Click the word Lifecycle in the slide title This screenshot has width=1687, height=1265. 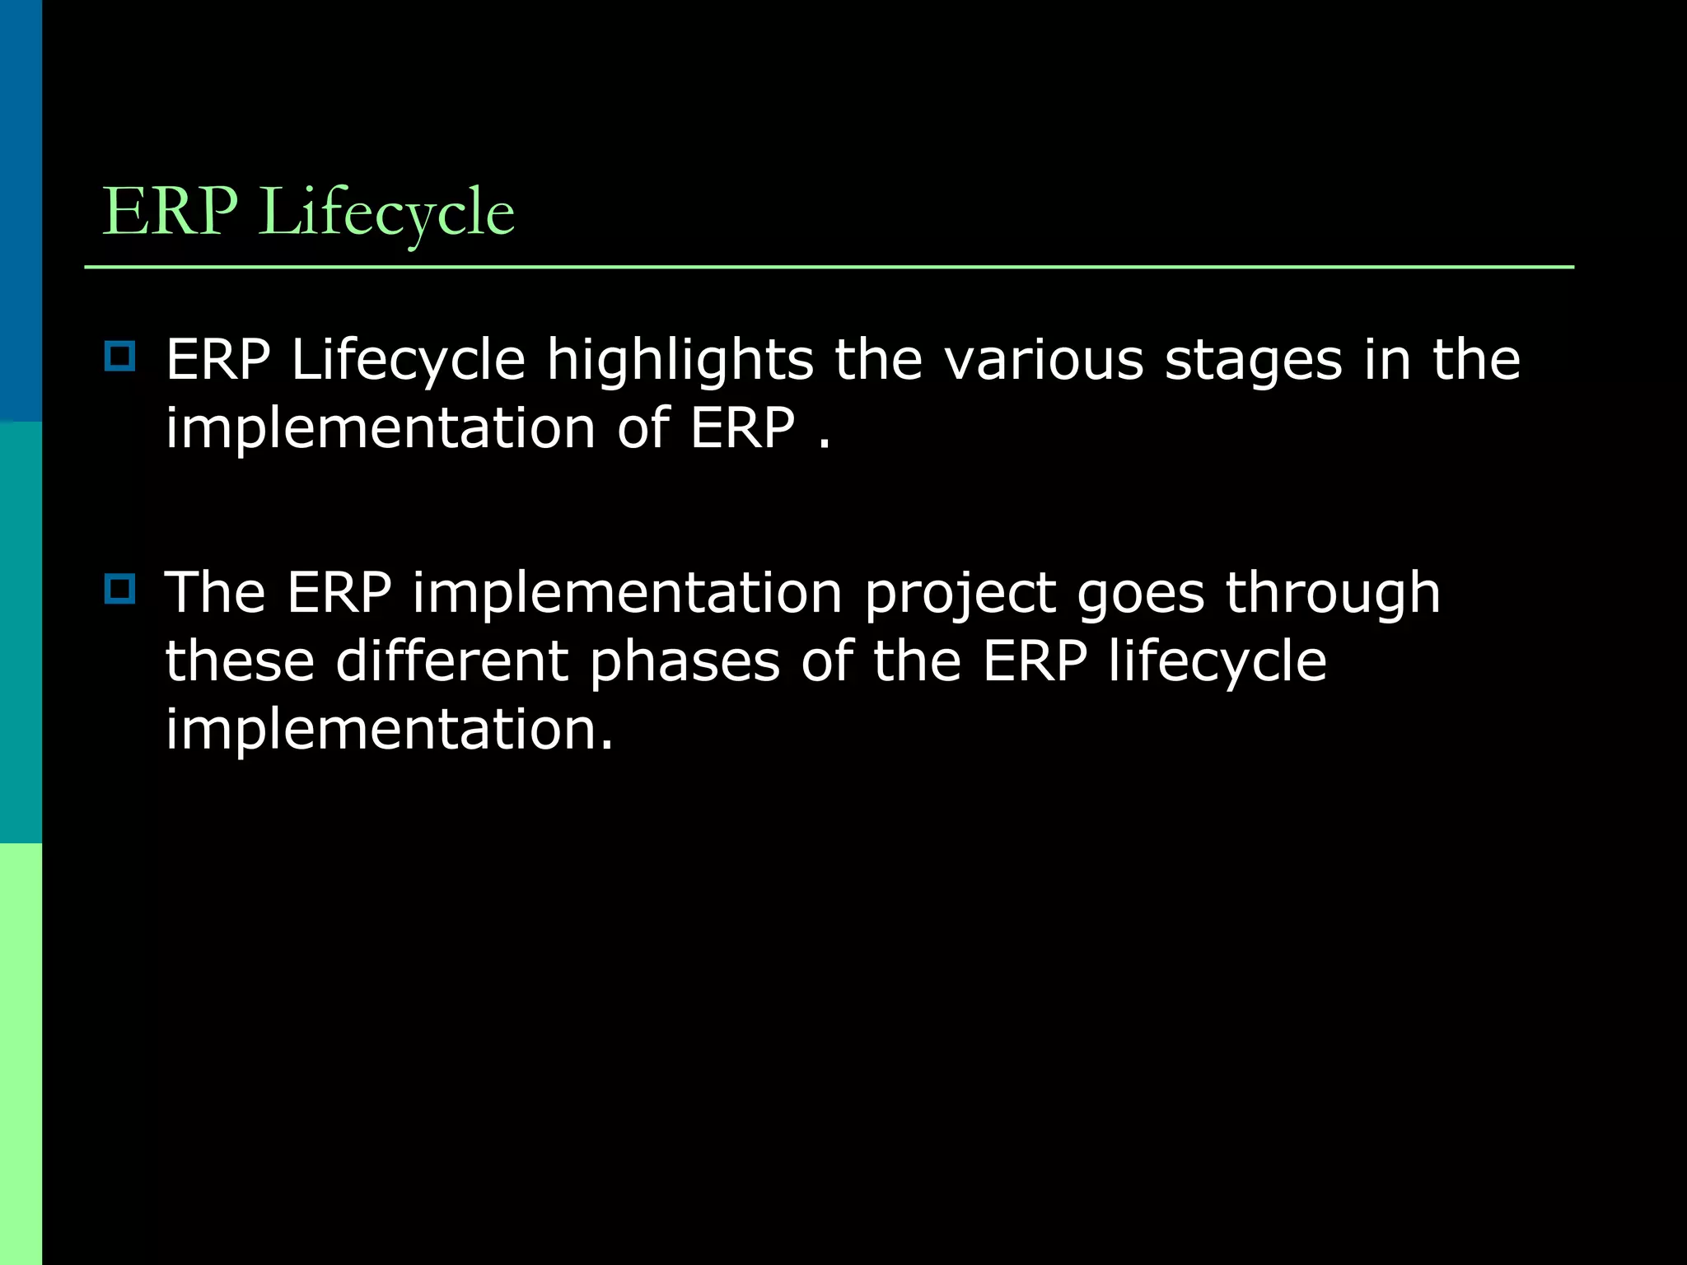[387, 212]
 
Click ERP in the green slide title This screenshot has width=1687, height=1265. [169, 212]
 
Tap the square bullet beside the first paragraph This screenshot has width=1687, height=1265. [120, 357]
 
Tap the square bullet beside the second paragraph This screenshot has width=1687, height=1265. [120, 589]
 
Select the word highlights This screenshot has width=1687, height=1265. [680, 361]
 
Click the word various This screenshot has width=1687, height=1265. [1043, 361]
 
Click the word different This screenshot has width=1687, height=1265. [452, 661]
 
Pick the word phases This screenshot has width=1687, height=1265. [685, 662]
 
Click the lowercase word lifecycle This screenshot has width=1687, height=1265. [1217, 662]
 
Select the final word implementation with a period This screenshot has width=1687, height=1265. [389, 730]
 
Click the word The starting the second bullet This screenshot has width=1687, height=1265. [216, 593]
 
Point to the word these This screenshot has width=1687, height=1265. [240, 662]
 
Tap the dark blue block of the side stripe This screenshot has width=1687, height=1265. [21, 211]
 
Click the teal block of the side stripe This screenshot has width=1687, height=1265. [21, 632]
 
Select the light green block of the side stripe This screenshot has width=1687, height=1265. [21, 1054]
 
